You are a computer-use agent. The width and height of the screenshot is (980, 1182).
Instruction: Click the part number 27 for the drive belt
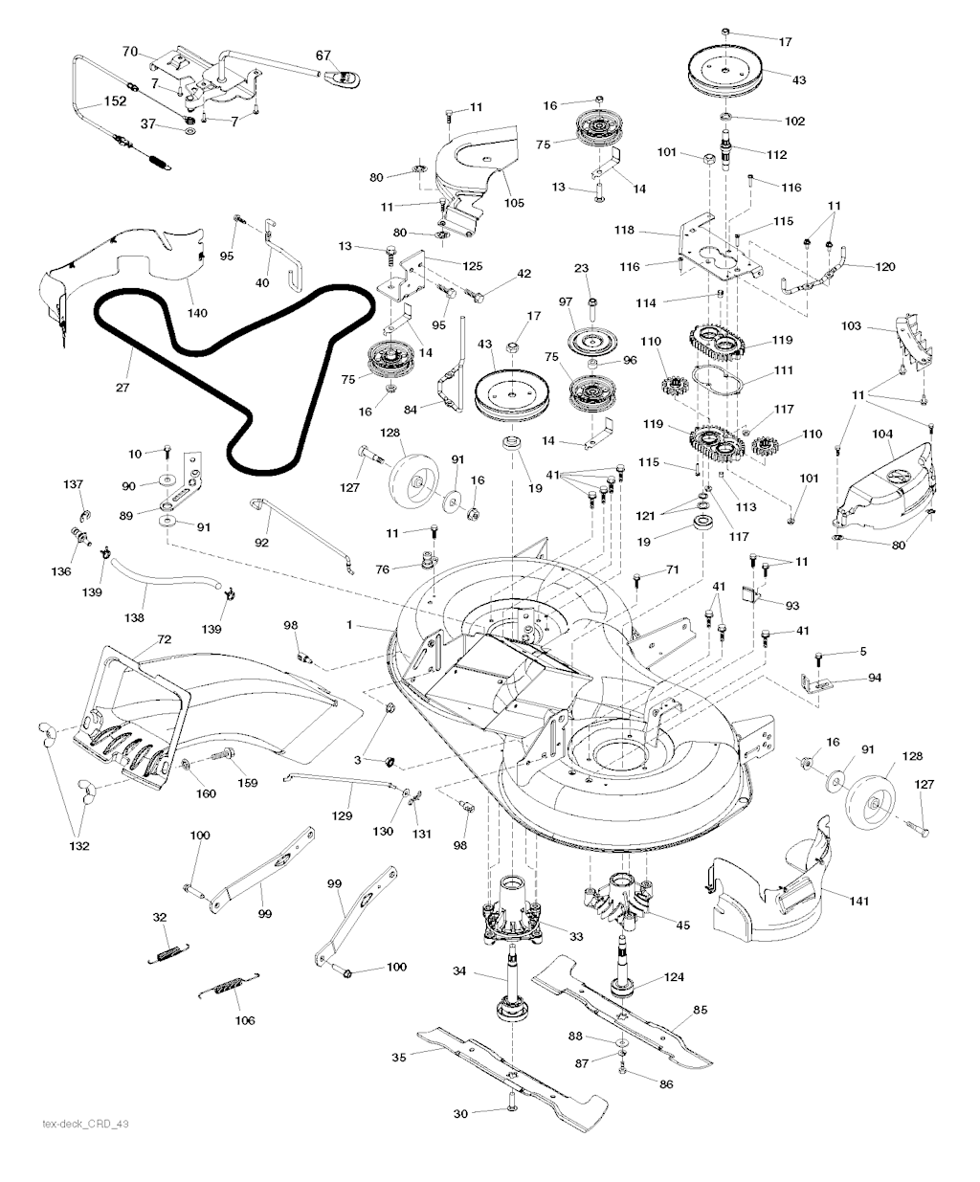click(x=122, y=388)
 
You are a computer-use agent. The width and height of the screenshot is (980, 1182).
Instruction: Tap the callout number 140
click(x=197, y=313)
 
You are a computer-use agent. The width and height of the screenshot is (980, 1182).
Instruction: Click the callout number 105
click(x=488, y=203)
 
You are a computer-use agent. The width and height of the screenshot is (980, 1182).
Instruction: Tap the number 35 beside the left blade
click(x=400, y=1057)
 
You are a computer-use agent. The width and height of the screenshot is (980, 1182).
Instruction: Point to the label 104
click(x=880, y=435)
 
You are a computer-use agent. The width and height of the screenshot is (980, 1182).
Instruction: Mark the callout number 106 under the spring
click(x=245, y=1020)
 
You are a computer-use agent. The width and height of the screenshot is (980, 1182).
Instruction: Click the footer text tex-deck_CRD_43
click(x=86, y=1124)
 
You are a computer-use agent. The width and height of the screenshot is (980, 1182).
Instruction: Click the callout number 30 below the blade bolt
click(x=461, y=1113)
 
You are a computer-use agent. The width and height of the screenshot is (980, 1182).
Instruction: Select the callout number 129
click(x=342, y=815)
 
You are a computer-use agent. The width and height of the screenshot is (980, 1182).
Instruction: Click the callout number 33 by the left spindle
click(x=548, y=936)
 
